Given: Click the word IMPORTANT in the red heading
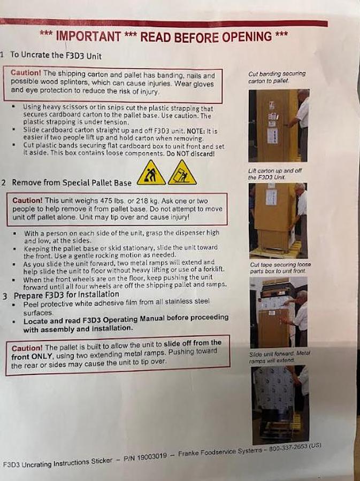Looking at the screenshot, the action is click(88, 36).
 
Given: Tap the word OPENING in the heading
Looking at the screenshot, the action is click(247, 36).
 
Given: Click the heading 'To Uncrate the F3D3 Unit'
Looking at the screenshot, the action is click(56, 56).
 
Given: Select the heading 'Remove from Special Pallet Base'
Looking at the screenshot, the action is click(72, 183).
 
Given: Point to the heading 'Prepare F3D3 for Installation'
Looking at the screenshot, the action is click(67, 295).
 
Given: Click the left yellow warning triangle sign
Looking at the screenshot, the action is click(151, 173).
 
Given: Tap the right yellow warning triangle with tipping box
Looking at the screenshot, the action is click(182, 173).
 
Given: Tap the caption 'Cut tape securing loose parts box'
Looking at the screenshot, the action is click(280, 268).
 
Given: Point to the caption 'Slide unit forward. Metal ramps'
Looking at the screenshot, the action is click(280, 357).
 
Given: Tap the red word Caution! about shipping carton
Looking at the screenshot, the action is click(26, 73).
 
